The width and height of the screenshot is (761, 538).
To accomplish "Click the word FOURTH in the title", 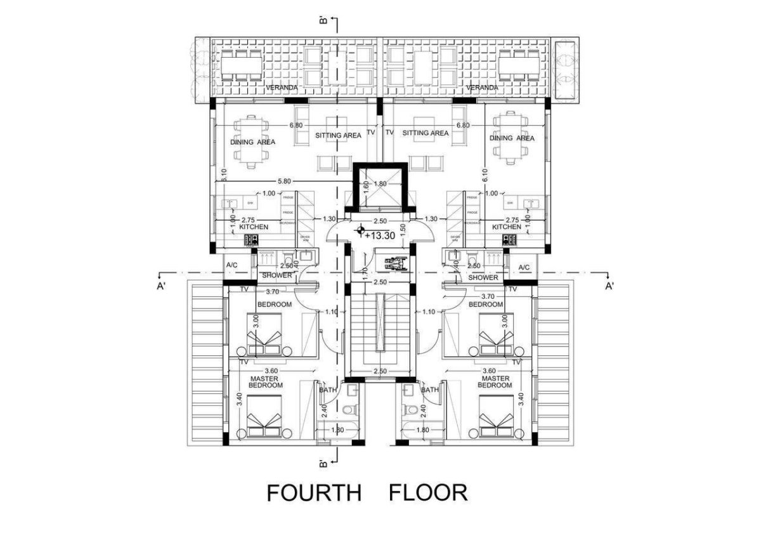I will pyautogui.click(x=313, y=493).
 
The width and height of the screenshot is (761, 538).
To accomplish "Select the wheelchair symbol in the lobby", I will pyautogui.click(x=392, y=261).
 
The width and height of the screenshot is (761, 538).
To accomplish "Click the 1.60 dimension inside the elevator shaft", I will pyautogui.click(x=365, y=188).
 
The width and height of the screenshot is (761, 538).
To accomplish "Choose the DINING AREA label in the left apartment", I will pyautogui.click(x=253, y=142).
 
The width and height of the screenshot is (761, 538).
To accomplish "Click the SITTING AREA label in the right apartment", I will pyautogui.click(x=425, y=133).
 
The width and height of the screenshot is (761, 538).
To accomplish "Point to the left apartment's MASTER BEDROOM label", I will pyautogui.click(x=266, y=382).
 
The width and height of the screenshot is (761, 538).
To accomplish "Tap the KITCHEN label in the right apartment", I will pyautogui.click(x=507, y=226).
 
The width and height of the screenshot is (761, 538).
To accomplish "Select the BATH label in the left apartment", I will pyautogui.click(x=328, y=390).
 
